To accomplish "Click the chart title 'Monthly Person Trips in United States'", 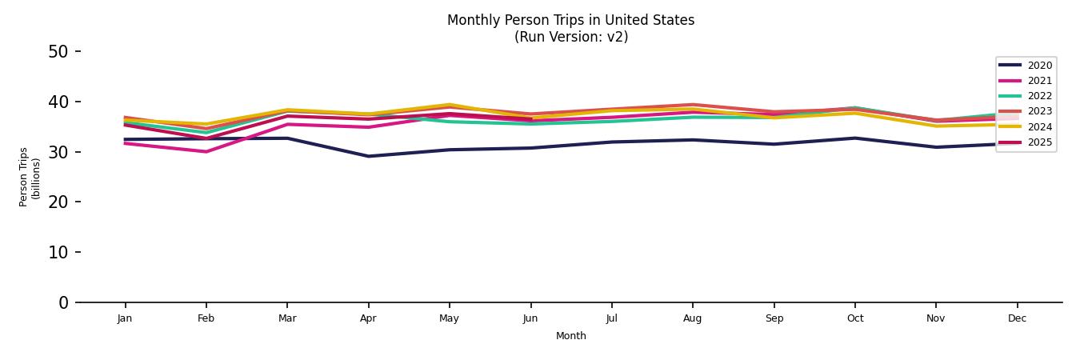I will coord(570,20).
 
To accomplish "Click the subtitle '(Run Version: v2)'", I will coord(570,37).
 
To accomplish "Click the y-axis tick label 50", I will coord(58,52).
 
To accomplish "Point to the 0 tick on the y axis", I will coord(63,302).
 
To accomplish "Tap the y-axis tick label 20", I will coord(58,202).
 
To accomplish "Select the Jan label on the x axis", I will coord(125,318).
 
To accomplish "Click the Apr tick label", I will coord(368,318).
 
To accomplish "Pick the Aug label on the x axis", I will coord(692,318).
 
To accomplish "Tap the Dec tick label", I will coord(1017,318).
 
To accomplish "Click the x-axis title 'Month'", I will coord(570,336).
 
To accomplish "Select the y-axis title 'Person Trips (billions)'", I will coord(30,177).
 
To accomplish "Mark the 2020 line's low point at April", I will coord(368,156).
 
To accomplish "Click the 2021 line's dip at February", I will coord(206,151).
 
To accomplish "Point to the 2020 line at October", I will coord(854,138).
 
